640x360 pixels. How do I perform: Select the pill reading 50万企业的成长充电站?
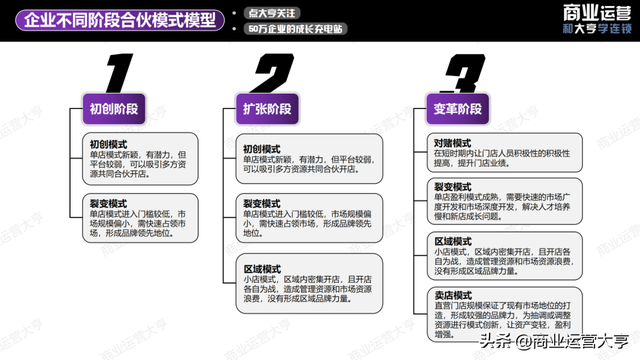290,30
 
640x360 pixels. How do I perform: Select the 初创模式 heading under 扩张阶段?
261,148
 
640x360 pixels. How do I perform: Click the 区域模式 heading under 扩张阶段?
261,269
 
